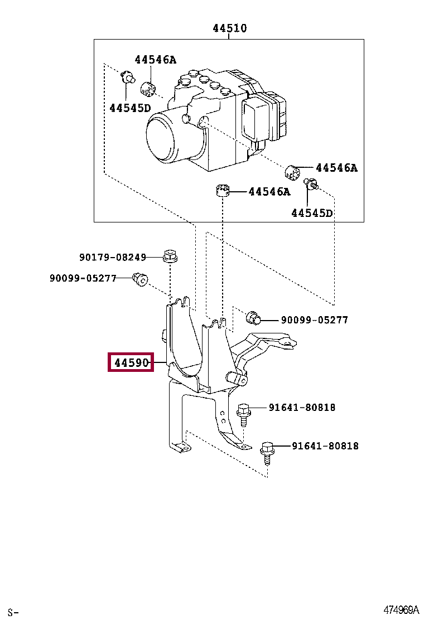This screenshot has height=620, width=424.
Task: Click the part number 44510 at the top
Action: pos(229,28)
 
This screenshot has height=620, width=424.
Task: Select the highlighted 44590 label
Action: pos(131,362)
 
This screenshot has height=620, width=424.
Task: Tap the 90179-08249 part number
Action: pos(113,258)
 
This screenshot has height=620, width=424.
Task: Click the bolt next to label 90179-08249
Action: pos(170,256)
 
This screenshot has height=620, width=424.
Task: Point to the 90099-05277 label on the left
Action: pos(83,278)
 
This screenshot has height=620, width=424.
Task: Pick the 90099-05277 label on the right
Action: pos(315,320)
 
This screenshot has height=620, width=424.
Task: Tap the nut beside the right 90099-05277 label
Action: pos(253,317)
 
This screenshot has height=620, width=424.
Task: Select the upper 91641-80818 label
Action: pos(302,407)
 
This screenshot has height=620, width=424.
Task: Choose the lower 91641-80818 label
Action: pos(325,446)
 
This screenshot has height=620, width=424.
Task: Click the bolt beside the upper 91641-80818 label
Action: pos(243,414)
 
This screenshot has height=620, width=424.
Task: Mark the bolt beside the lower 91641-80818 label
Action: pos(267,453)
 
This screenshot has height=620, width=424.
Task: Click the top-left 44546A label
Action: pos(156,60)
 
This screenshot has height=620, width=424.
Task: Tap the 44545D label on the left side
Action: pos(130,108)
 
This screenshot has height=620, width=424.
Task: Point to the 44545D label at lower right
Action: pos(312,213)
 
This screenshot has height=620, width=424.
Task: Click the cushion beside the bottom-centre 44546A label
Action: pos(223,190)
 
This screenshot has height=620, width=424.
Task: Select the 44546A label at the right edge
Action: pos(336,168)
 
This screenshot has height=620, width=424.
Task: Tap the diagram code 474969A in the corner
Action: pos(401,609)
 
